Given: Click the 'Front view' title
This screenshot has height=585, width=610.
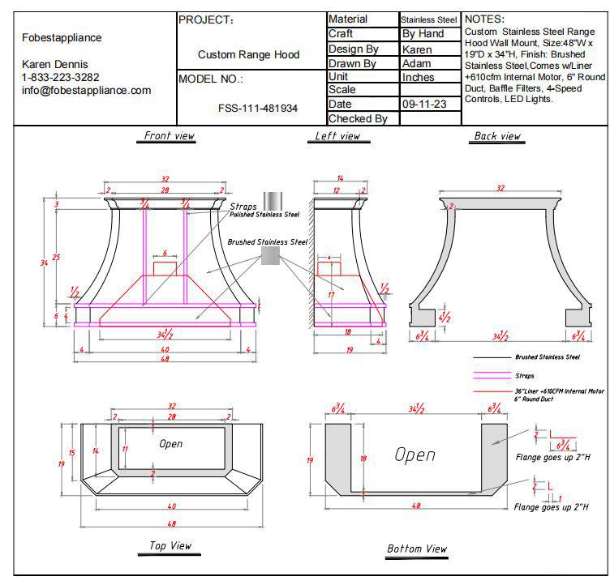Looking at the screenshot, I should click(x=169, y=136).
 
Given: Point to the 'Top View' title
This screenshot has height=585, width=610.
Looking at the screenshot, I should click(x=170, y=545).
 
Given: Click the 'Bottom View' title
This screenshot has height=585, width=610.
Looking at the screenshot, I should click(x=416, y=549).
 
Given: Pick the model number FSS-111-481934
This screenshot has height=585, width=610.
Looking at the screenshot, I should click(x=257, y=108).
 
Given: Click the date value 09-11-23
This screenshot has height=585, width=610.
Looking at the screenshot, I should click(x=424, y=105).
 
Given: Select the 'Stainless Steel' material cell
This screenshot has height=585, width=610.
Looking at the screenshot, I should click(x=429, y=19).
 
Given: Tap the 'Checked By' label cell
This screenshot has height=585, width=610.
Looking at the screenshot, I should click(x=357, y=118).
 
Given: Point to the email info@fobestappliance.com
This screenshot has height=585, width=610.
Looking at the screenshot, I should click(x=86, y=90).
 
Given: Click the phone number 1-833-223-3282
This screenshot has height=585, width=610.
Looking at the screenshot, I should click(x=61, y=77).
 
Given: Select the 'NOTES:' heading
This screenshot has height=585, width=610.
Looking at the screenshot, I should click(x=485, y=19).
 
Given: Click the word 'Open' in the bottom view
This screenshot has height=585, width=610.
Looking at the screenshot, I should click(x=415, y=455).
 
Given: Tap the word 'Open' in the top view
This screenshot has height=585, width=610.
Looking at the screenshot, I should click(x=171, y=443).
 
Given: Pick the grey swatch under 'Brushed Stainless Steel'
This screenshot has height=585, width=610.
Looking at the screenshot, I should click(x=271, y=256).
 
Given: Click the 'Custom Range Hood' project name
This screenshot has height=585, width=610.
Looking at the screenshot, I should click(x=248, y=55).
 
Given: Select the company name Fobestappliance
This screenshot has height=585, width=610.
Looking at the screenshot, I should click(x=61, y=37).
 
